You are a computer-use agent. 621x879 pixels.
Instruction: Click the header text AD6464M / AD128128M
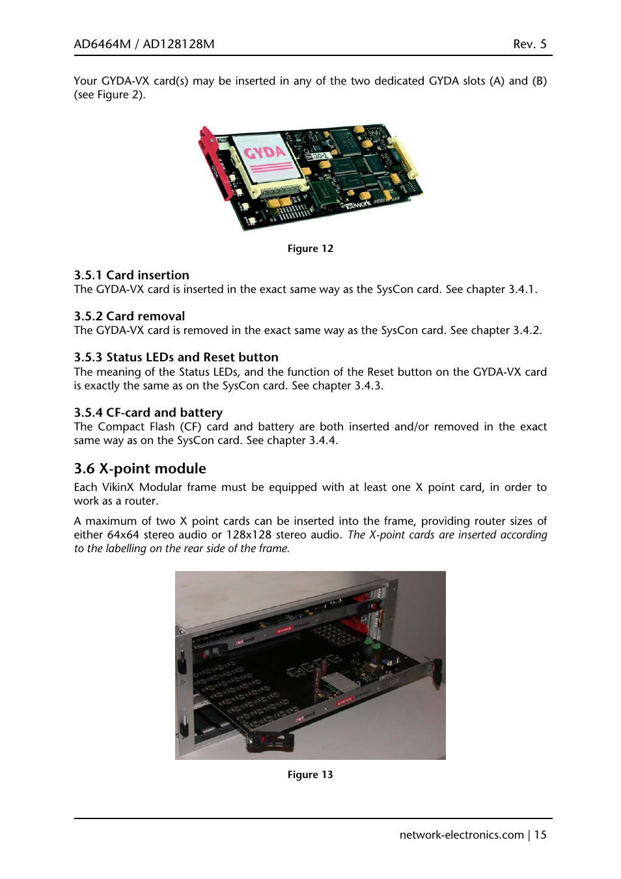(144, 44)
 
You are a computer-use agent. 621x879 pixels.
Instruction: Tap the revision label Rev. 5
(529, 44)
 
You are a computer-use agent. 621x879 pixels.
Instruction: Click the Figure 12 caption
(310, 249)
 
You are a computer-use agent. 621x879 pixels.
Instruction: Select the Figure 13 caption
(310, 775)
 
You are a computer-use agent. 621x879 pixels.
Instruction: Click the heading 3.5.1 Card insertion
(131, 275)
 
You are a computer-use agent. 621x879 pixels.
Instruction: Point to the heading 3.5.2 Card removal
(130, 316)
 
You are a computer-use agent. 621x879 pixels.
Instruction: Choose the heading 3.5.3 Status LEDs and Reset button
(176, 357)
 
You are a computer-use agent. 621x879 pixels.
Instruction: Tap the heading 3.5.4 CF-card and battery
(148, 413)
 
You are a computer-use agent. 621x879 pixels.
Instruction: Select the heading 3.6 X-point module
(140, 469)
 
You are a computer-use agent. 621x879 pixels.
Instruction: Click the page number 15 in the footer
(540, 835)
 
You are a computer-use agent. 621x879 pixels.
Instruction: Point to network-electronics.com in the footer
(462, 835)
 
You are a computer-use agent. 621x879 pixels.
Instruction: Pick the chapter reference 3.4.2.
(527, 331)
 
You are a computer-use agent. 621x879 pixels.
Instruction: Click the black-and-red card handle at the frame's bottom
(271, 740)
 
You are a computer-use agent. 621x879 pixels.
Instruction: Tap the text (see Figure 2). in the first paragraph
(109, 95)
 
